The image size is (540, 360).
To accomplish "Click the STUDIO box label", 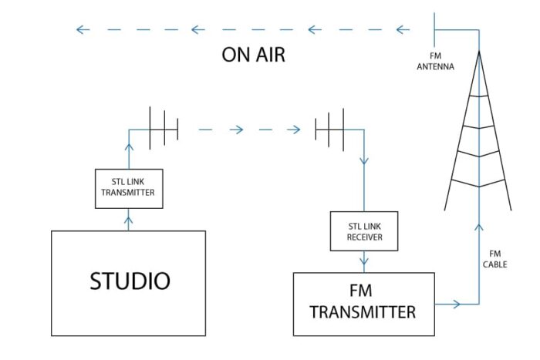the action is pyautogui.click(x=130, y=281).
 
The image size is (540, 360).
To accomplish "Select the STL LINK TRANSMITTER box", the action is pyautogui.click(x=129, y=189).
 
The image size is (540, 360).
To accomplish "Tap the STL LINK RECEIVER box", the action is pyautogui.click(x=364, y=231).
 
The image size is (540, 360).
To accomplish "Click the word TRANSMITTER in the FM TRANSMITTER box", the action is pyautogui.click(x=363, y=311).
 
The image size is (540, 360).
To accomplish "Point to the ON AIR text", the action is pyautogui.click(x=254, y=55).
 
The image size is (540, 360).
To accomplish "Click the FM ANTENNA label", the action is pyautogui.click(x=435, y=61).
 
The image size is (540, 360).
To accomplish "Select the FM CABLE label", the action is pyautogui.click(x=495, y=259).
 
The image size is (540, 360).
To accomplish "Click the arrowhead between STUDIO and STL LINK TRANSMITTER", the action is pyautogui.click(x=129, y=220).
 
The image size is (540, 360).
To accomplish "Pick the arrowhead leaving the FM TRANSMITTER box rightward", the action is pyautogui.click(x=457, y=304).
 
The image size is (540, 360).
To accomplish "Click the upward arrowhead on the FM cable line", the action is pyautogui.click(x=479, y=227).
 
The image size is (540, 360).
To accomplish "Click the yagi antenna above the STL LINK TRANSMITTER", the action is pyautogui.click(x=164, y=128).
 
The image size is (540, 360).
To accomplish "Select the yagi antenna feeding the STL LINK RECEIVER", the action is pyautogui.click(x=329, y=130).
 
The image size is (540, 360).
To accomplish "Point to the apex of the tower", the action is pyautogui.click(x=479, y=52).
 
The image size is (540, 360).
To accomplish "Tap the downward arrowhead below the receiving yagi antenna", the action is pyautogui.click(x=364, y=161).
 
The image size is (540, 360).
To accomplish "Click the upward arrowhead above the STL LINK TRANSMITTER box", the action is pyautogui.click(x=129, y=147).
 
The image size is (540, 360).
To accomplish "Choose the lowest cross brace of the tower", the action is pyautogui.click(x=478, y=183).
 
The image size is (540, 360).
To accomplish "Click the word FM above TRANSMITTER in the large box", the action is pyautogui.click(x=360, y=291).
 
